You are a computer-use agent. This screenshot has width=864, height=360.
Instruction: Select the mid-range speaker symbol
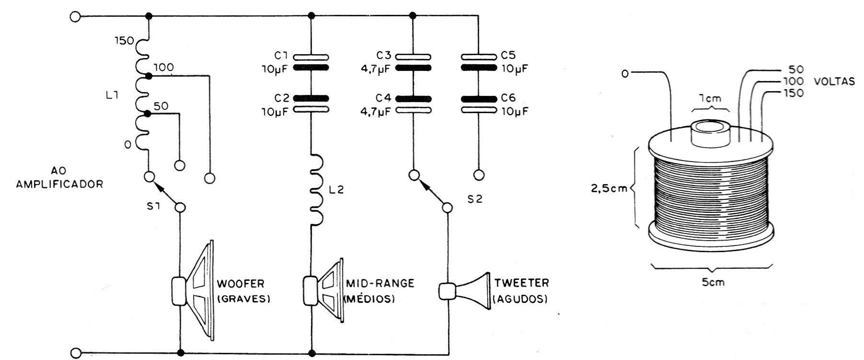click(324, 290)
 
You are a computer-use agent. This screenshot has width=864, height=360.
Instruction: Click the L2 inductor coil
click(317, 189)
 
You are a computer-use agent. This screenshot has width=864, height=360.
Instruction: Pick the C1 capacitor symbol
click(311, 61)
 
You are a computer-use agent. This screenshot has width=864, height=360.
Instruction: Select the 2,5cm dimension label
click(608, 187)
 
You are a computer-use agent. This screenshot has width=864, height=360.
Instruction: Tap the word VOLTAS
click(834, 81)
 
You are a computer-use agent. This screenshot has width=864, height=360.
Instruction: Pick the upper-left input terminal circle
click(75, 17)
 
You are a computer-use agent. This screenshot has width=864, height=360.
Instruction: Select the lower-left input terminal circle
click(75, 353)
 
